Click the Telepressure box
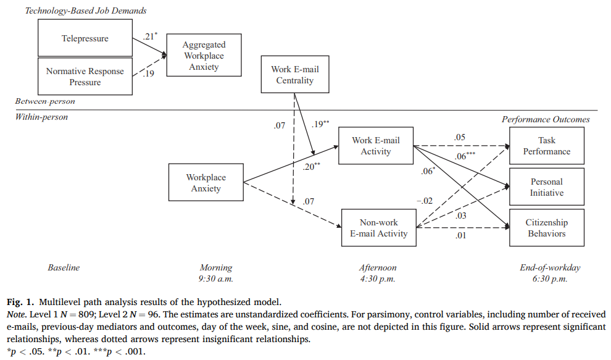pyautogui.click(x=85, y=38)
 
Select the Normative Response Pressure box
pyautogui.click(x=85, y=77)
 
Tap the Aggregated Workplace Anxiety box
pyautogui.click(x=204, y=56)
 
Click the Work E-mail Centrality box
pyautogui.click(x=295, y=75)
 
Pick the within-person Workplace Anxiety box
pyautogui.click(x=206, y=183)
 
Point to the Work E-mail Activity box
pyautogui.click(x=376, y=146)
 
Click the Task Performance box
pyautogui.click(x=546, y=146)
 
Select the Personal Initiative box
pyautogui.click(x=546, y=187)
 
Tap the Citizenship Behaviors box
pyautogui.click(x=546, y=228)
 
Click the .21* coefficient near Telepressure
pyautogui.click(x=151, y=37)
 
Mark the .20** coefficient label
pyautogui.click(x=312, y=166)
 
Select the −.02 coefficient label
pyautogui.click(x=423, y=200)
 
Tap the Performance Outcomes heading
pyautogui.click(x=546, y=119)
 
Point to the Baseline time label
pyautogui.click(x=64, y=268)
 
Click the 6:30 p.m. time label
pyautogui.click(x=550, y=278)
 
